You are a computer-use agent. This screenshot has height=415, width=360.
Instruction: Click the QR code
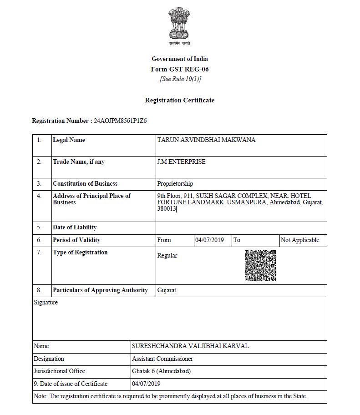(260, 266)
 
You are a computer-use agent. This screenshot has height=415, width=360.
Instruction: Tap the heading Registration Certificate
(179, 100)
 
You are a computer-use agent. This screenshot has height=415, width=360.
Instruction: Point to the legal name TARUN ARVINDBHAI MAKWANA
(206, 140)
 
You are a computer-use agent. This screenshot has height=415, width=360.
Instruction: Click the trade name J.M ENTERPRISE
(181, 162)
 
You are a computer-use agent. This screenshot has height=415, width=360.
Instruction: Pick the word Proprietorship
(175, 184)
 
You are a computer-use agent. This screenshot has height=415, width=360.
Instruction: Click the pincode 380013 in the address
(166, 208)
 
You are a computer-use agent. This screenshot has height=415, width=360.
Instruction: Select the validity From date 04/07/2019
(209, 240)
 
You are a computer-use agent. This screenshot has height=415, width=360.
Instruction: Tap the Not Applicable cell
(300, 240)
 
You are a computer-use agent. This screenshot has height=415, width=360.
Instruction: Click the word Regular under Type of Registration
(167, 256)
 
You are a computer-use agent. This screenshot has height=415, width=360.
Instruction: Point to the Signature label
(46, 303)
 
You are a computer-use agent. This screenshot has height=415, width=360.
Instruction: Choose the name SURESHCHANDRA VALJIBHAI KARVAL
(190, 346)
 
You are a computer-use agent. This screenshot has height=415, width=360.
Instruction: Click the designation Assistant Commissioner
(162, 359)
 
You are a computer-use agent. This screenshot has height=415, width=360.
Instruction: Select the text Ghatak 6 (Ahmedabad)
(161, 371)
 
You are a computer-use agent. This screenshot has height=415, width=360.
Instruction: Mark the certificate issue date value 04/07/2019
(146, 384)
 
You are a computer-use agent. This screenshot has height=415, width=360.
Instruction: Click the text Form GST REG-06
(179, 70)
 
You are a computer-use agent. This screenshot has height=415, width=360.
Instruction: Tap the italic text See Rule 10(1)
(180, 79)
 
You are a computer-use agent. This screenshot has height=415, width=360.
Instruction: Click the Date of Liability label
(75, 228)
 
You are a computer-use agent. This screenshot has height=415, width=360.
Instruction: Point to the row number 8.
(39, 290)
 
